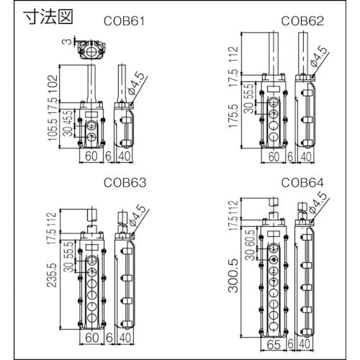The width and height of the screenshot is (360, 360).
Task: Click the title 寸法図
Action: click(48, 17)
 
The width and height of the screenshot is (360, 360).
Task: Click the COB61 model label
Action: click(124, 21)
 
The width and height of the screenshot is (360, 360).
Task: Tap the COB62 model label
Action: click(302, 21)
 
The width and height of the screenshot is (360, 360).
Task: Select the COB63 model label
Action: click(125, 183)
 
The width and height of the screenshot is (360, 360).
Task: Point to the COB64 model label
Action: click(302, 183)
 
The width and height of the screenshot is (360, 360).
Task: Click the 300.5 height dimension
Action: click(233, 276)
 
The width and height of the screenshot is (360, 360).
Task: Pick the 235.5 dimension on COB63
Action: click(52, 275)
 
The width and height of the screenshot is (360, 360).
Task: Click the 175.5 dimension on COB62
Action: click(233, 116)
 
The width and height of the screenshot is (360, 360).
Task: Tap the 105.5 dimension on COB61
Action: click(53, 130)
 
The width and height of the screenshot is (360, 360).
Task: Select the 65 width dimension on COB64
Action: click(274, 345)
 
